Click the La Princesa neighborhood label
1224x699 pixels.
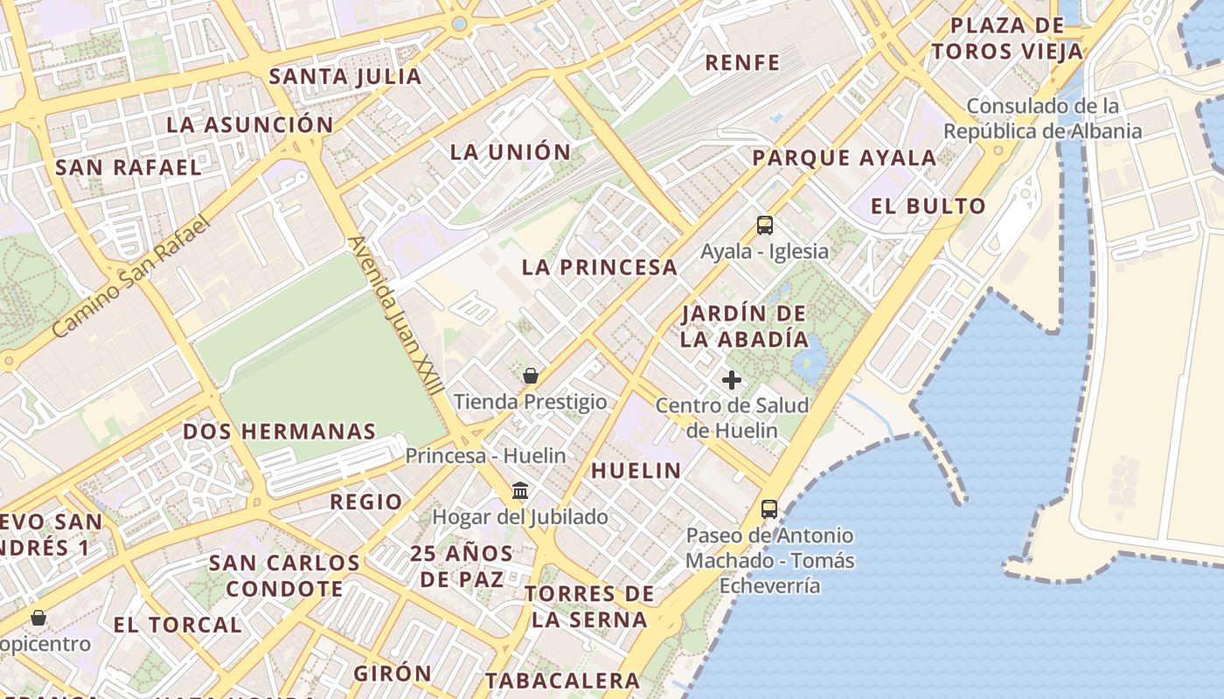click(x=600, y=267)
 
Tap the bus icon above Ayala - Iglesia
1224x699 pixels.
click(x=765, y=225)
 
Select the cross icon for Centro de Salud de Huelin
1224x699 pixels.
click(x=732, y=380)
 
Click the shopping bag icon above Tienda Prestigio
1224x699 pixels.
click(x=530, y=377)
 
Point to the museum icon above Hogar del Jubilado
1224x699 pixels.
click(x=520, y=490)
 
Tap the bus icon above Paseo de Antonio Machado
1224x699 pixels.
click(x=769, y=509)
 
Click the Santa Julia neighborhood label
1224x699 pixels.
click(x=345, y=77)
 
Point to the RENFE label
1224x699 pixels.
click(x=742, y=63)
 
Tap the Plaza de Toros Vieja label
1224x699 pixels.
click(x=1007, y=38)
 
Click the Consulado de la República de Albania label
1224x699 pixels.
click(x=1043, y=119)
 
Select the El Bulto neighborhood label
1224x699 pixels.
click(x=928, y=206)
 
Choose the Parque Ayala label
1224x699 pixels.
click(x=845, y=158)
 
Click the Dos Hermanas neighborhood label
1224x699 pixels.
click(x=280, y=432)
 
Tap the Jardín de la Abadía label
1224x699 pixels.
click(x=744, y=326)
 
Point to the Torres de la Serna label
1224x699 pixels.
click(x=589, y=606)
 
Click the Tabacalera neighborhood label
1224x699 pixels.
click(x=563, y=681)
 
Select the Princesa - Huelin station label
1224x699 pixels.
click(x=485, y=455)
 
